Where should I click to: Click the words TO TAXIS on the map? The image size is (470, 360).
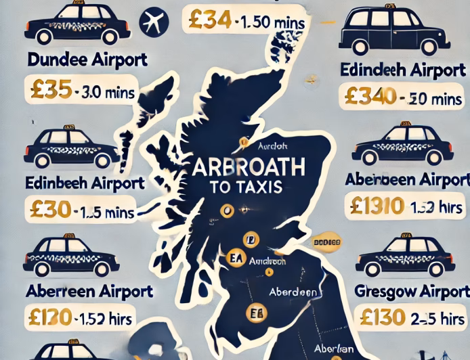244,186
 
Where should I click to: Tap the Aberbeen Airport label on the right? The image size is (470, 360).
406,179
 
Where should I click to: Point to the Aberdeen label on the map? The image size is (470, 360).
293,292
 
